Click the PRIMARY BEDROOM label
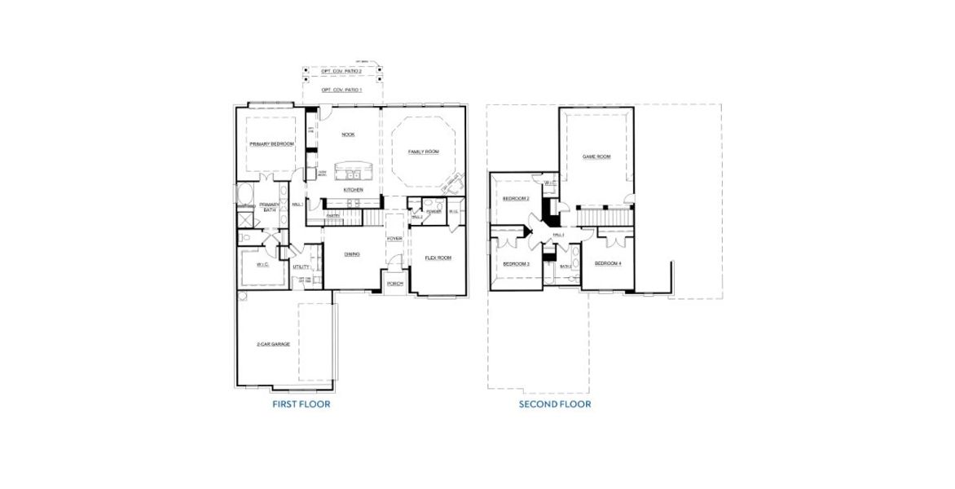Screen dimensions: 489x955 coord(271,144)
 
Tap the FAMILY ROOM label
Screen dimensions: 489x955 coord(424,152)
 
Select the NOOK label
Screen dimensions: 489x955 coord(348,135)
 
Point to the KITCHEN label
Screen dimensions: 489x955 coord(353,190)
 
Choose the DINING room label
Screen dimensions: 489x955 coord(352,254)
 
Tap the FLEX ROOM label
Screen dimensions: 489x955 coord(438,258)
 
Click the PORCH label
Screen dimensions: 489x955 coord(395,284)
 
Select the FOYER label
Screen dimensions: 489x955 coord(394,239)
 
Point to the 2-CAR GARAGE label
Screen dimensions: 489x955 coord(273,344)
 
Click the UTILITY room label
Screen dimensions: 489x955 coord(301,267)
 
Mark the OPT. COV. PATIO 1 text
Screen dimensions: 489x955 coord(341,90)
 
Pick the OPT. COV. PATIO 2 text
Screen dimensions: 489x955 coord(341,72)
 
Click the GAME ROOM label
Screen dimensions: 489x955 coord(596,156)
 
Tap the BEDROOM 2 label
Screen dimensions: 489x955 coord(516,199)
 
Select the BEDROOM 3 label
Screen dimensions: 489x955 coord(516,264)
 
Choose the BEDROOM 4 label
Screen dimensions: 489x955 coord(608,264)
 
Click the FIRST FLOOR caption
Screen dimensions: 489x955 coord(301,403)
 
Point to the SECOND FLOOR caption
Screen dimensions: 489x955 coord(555,403)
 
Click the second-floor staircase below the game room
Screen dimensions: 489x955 coord(604,216)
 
